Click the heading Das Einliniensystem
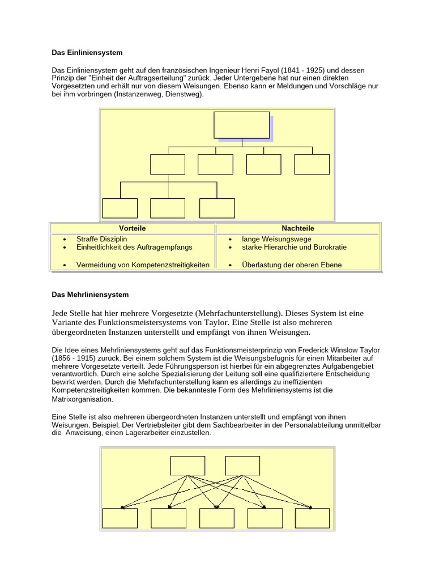[x=87, y=53]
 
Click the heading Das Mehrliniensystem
[x=90, y=295]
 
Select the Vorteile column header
[x=134, y=228]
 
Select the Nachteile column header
[x=298, y=228]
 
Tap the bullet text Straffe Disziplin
[x=101, y=239]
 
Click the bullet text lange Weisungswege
[x=276, y=239]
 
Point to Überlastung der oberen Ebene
[x=292, y=265]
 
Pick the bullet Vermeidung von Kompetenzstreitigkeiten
[x=143, y=265]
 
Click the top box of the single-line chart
[x=241, y=125]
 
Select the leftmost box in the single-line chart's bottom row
[x=120, y=208]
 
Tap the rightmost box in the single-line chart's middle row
[x=312, y=164]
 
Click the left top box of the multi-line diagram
[x=187, y=466]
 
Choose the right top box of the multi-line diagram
[x=242, y=466]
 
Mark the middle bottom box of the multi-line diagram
[x=217, y=518]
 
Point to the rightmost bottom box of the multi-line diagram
[x=312, y=518]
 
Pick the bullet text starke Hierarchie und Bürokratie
[x=295, y=248]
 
